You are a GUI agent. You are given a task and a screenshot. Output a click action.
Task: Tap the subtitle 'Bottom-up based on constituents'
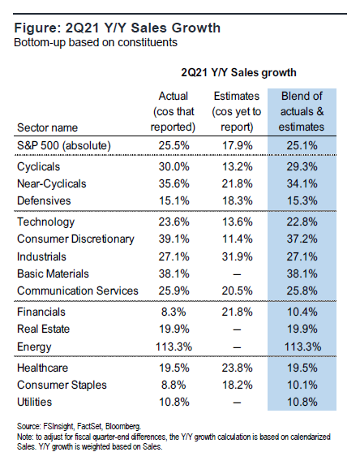(x=96, y=42)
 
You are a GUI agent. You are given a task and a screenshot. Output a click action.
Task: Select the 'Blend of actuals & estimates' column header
(x=302, y=111)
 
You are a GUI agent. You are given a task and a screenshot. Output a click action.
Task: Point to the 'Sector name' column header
(x=47, y=127)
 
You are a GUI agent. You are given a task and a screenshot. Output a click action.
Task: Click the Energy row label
(x=34, y=347)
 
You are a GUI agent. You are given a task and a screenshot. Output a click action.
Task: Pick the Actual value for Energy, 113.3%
(x=174, y=347)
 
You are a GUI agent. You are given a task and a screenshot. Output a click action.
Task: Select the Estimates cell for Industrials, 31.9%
(x=237, y=256)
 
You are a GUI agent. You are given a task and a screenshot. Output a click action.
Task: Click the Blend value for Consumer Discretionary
(x=302, y=239)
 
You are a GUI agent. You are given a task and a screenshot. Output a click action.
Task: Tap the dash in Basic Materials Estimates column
(x=237, y=274)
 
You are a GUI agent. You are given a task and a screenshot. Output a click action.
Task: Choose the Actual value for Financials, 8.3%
(x=174, y=312)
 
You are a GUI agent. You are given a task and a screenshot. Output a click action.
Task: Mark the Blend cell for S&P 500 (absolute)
(x=302, y=145)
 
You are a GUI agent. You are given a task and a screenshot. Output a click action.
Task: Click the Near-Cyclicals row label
(x=52, y=183)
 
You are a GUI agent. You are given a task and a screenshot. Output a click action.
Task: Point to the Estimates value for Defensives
(x=237, y=200)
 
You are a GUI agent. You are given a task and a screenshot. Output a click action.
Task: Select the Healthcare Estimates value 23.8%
(x=237, y=368)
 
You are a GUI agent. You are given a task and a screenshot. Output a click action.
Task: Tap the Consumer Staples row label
(x=62, y=385)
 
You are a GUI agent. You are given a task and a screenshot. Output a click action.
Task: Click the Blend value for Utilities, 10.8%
(x=302, y=402)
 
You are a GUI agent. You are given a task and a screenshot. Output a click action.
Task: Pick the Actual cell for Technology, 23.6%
(x=174, y=222)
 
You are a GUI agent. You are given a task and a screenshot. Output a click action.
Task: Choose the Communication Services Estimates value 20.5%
(x=237, y=291)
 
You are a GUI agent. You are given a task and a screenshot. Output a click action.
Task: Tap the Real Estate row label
(x=43, y=329)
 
